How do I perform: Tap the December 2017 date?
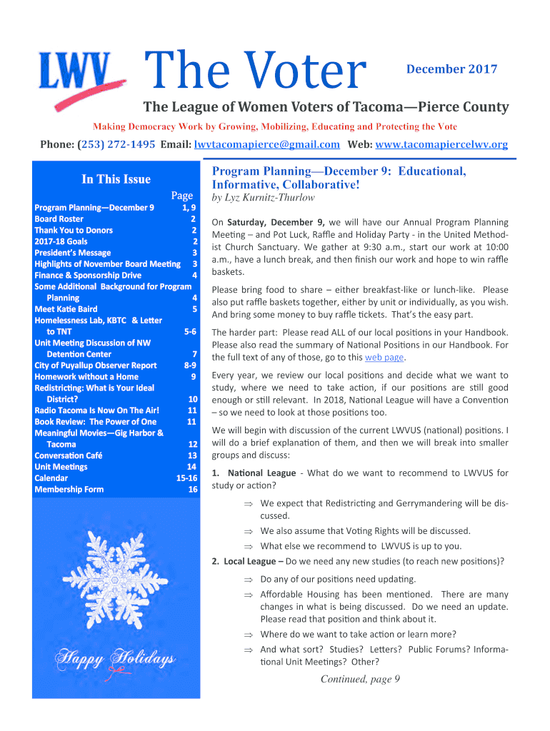[x=451, y=69]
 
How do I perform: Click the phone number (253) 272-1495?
[x=116, y=144]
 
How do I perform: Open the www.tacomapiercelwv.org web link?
[x=441, y=144]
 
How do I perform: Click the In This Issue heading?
[x=116, y=179]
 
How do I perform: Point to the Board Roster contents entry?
[x=59, y=219]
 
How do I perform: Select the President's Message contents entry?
[x=73, y=253]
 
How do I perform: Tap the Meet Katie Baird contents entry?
[x=66, y=309]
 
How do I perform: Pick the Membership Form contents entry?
[x=69, y=489]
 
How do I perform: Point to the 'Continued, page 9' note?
[x=359, y=679]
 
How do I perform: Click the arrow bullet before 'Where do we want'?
[x=249, y=634]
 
